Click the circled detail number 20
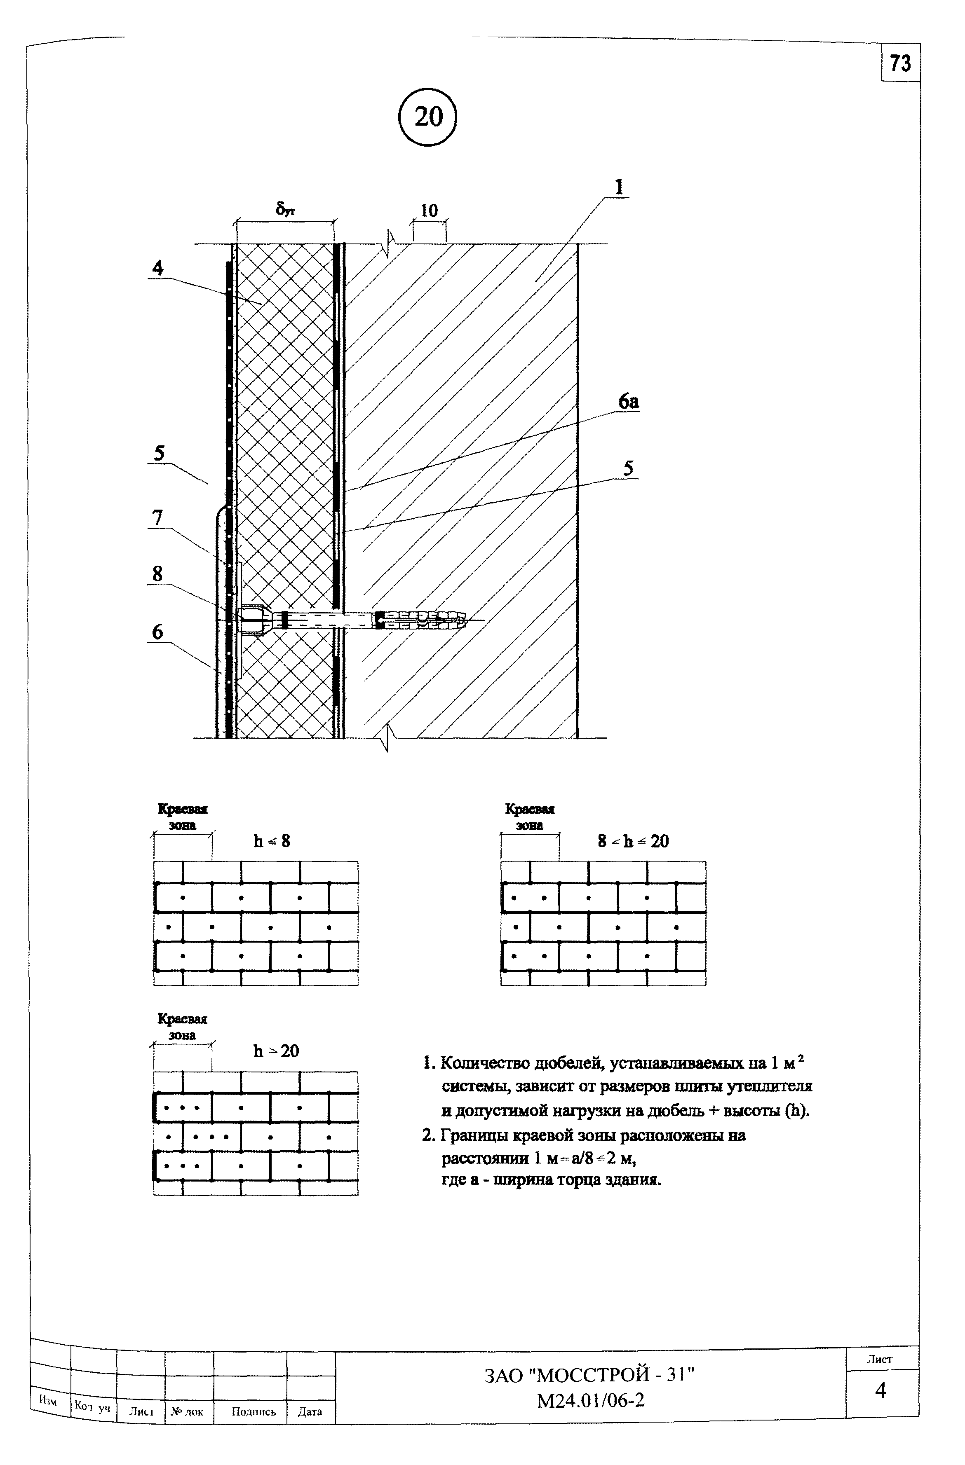click(x=428, y=116)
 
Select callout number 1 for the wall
click(x=619, y=187)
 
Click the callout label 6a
click(x=628, y=402)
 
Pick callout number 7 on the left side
click(x=157, y=518)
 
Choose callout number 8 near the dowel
click(x=157, y=574)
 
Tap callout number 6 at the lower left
click(x=157, y=632)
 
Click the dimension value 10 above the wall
click(x=429, y=211)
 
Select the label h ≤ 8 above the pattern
click(x=272, y=841)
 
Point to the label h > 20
click(x=276, y=1050)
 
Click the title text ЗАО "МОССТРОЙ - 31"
click(x=589, y=1374)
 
